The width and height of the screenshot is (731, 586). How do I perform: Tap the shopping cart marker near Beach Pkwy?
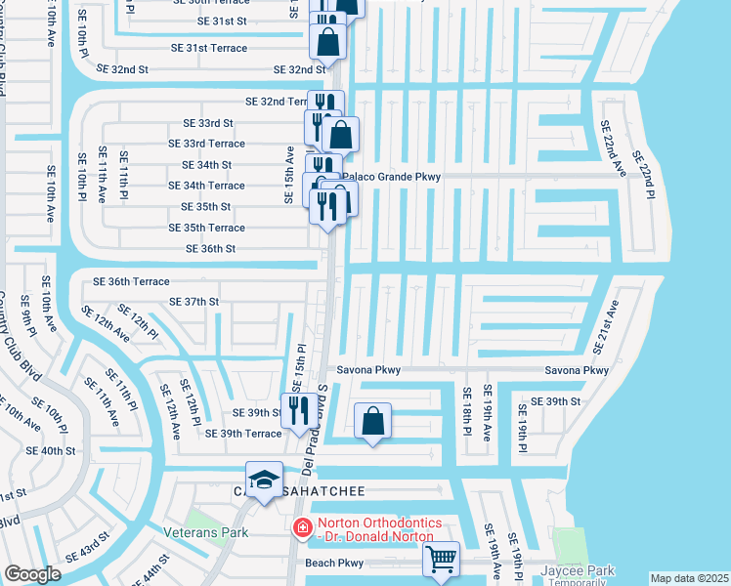(442, 560)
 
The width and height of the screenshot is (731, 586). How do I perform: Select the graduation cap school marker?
(264, 480)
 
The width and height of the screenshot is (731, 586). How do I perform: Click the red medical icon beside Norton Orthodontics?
(303, 527)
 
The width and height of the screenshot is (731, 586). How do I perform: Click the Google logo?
(32, 574)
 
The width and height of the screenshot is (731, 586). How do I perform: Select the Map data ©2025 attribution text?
(689, 578)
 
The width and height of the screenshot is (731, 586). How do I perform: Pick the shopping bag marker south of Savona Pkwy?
(372, 421)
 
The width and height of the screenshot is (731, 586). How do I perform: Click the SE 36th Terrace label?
(131, 281)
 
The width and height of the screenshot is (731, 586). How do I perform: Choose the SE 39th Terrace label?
(244, 434)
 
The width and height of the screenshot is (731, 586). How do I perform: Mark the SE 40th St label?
(51, 450)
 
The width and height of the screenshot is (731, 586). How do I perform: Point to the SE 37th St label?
(194, 302)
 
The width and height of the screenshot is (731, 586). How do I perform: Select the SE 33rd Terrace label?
(206, 144)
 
